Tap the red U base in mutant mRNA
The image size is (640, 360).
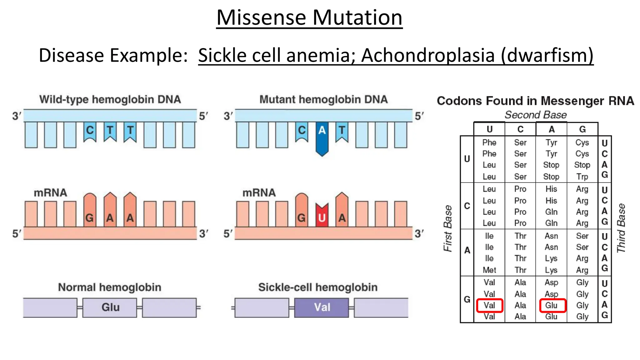point(322,216)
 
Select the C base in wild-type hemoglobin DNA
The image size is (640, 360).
point(90,131)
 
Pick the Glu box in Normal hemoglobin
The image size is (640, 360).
point(110,307)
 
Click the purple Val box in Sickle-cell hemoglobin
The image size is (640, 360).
point(322,307)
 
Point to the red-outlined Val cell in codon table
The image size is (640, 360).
point(489,305)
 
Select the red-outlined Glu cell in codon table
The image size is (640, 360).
point(552,305)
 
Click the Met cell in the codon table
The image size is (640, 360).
point(489,270)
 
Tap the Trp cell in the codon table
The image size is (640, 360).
point(582,177)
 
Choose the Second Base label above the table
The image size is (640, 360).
point(536,115)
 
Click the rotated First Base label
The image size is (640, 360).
point(448,228)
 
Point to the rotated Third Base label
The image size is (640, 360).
point(621,228)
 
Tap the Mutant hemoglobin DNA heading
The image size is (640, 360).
point(323,99)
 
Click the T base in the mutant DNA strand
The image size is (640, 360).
point(342,131)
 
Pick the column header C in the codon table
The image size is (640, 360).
point(520,129)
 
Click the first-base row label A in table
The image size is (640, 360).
point(467,250)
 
